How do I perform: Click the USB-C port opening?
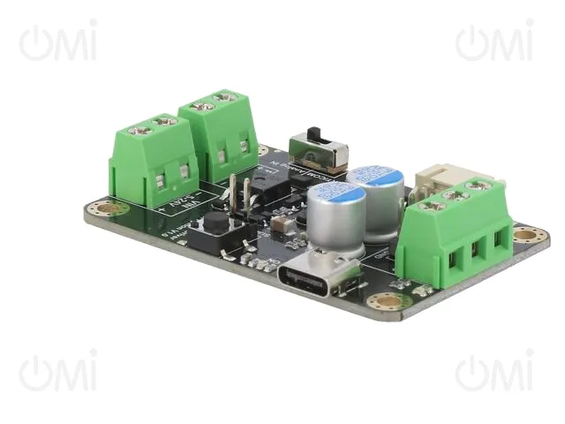(x=317, y=275)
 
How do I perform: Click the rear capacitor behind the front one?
(x=377, y=201)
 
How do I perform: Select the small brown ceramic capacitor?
(x=279, y=225)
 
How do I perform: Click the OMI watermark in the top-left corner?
(x=58, y=42)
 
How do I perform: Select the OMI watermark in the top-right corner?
(x=494, y=42)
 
